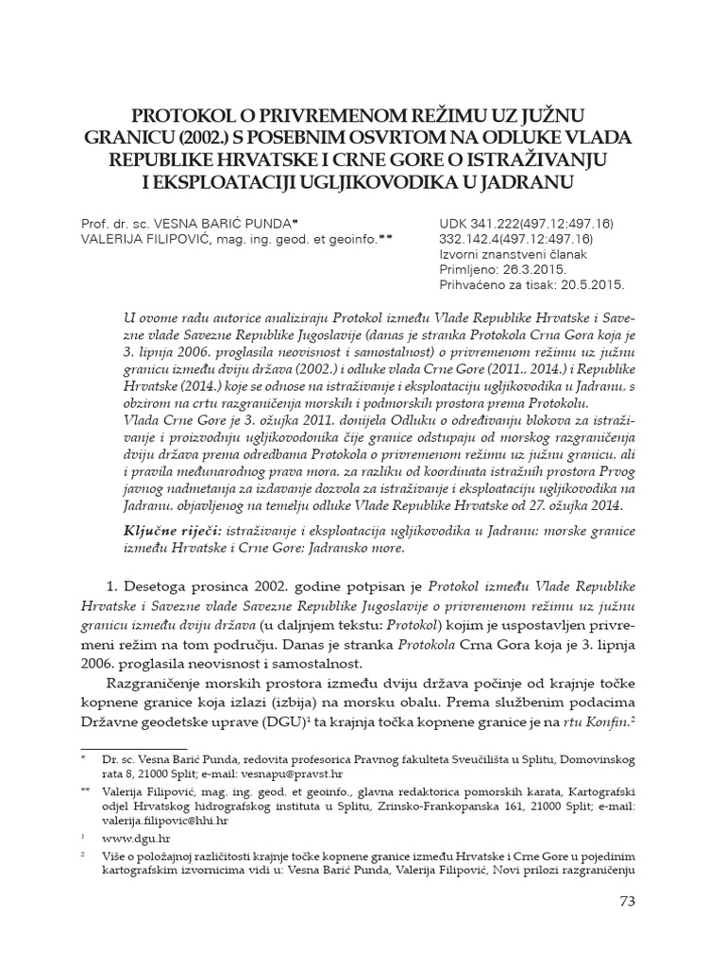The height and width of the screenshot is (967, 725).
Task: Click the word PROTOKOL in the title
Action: (181, 115)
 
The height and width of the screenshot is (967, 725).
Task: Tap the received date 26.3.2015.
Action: (545, 269)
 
